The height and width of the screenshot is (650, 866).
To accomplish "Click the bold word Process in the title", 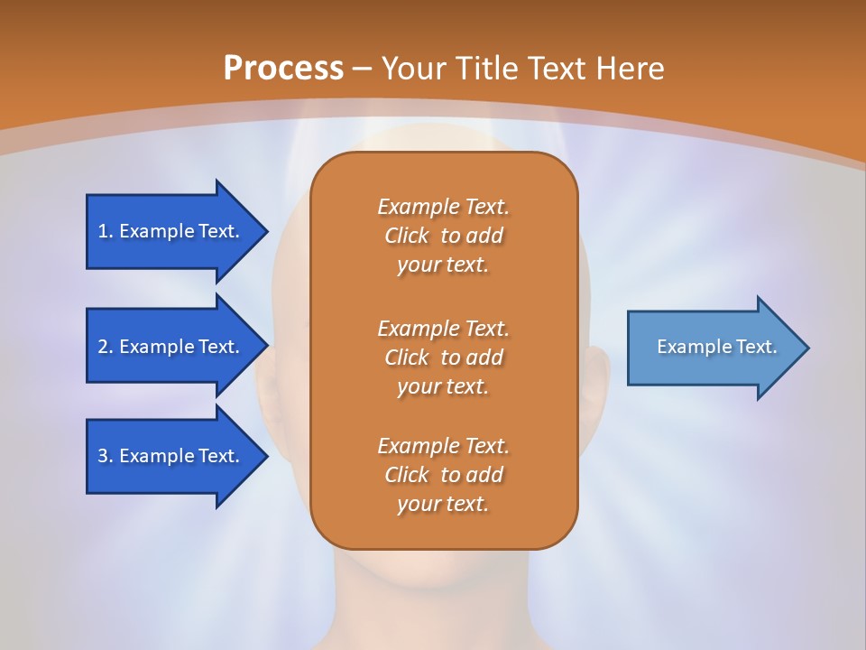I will pos(283,68).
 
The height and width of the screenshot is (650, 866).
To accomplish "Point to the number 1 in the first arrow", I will pos(103,231).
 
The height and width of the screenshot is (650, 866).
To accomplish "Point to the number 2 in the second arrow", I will pos(103,347).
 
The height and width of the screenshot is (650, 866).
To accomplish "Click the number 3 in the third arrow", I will pos(103,456).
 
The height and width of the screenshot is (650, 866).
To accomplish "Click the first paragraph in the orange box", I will pos(443,236).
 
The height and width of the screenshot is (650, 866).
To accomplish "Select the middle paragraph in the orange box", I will pos(443,357).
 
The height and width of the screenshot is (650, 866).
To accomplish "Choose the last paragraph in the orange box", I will pos(443,475).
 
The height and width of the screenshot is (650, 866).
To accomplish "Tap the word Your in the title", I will pos(410,68).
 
